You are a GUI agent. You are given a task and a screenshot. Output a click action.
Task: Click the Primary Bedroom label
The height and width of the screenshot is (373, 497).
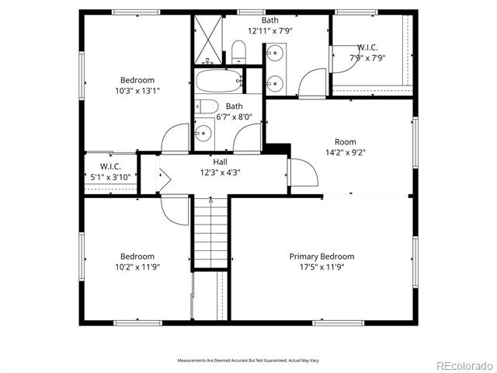321,256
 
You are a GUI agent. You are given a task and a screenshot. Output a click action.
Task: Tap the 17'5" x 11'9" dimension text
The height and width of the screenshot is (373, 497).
321,267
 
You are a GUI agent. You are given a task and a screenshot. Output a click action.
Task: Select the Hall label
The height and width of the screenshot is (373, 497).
220,162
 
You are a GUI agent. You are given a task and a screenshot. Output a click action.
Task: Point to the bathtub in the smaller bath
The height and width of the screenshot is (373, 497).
219,81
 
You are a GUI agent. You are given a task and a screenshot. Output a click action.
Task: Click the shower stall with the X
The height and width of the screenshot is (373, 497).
208,40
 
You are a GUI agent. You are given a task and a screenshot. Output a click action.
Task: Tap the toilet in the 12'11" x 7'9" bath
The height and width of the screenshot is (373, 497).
238,52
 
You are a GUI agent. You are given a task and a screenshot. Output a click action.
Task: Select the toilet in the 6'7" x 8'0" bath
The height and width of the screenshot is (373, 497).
207,106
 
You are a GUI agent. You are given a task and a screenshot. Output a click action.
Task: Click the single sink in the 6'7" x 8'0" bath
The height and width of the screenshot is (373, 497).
203,133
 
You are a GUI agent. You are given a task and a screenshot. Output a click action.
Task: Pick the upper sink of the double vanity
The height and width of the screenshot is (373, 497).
274,52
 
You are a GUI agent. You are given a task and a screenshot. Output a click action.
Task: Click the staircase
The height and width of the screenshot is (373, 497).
210,232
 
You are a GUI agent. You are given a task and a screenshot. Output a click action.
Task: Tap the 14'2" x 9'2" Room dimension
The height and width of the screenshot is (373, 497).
346,152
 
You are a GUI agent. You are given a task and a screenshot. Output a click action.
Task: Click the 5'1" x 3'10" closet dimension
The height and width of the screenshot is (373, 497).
110,177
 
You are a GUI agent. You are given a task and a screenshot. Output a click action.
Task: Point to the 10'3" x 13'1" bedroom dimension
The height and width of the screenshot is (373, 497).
137,91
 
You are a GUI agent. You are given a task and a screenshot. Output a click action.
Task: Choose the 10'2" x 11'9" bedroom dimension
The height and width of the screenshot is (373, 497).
137,267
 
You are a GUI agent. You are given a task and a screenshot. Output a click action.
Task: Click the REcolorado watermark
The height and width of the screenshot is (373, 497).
465,366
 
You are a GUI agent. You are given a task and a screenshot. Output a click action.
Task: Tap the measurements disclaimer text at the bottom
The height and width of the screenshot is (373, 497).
248,361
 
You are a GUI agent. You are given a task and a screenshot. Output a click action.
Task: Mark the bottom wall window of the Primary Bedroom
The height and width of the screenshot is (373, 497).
339,323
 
